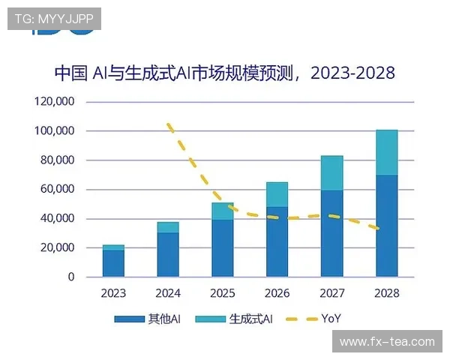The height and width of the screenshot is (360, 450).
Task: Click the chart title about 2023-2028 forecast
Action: click(x=224, y=73)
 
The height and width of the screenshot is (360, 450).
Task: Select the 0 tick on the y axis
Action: click(x=71, y=277)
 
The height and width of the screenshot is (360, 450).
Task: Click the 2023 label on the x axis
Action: click(x=113, y=293)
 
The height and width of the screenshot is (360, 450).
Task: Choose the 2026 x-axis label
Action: click(x=277, y=293)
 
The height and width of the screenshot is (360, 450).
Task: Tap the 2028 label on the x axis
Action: click(x=387, y=293)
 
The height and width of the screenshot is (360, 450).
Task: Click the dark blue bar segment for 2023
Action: click(x=113, y=263)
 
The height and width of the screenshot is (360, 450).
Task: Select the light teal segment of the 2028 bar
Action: click(x=387, y=152)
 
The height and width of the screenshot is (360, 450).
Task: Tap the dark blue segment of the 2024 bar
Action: click(x=168, y=254)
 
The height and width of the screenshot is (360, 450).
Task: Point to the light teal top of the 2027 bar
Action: click(x=331, y=173)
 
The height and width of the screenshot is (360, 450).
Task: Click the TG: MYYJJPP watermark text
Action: click(x=53, y=19)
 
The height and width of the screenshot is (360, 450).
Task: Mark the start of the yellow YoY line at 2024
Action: click(x=169, y=124)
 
